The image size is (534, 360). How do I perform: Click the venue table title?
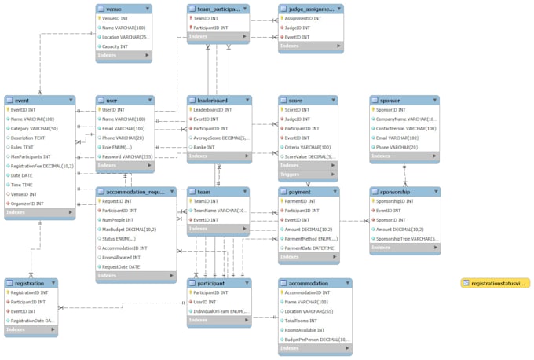point(114,9)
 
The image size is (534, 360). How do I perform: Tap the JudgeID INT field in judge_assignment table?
point(301,28)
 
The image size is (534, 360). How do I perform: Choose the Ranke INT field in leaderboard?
point(206,147)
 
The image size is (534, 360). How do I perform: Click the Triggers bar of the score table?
point(291,175)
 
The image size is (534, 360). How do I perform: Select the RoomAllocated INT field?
point(123,257)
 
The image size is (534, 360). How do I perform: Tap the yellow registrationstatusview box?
point(496,283)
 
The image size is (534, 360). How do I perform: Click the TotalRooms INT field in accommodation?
point(303,320)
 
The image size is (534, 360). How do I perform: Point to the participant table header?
point(210,283)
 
